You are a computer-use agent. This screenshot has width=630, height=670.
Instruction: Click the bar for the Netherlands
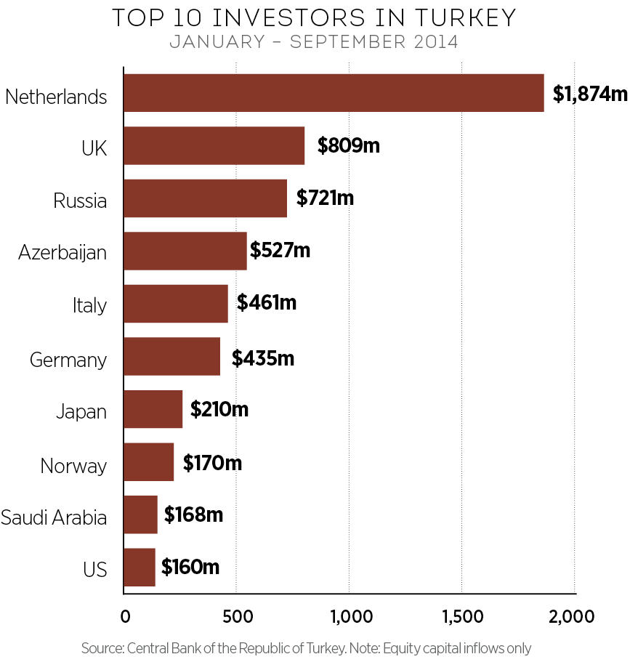[334, 93]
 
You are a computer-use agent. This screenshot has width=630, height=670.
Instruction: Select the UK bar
[214, 145]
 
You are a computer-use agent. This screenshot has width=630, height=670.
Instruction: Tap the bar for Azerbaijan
[185, 251]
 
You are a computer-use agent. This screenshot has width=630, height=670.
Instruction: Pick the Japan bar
[153, 409]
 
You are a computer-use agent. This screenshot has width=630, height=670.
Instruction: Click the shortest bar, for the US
[139, 567]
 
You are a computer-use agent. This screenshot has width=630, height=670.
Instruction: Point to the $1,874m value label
[589, 94]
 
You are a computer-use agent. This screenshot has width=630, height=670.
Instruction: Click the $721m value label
[325, 197]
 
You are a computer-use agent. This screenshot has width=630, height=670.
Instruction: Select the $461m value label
[267, 302]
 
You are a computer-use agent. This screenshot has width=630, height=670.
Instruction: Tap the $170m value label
[212, 463]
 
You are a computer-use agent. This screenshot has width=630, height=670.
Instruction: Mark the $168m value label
[193, 514]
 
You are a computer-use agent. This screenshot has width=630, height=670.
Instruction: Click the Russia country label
[80, 200]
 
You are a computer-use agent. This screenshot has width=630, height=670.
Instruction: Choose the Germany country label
[68, 360]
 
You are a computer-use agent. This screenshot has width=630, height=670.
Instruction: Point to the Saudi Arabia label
[54, 517]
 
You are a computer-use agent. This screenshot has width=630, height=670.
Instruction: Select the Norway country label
[73, 465]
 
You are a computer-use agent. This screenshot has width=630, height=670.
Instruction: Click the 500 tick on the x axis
[237, 617]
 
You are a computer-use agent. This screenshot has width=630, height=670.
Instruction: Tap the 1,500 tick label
[462, 617]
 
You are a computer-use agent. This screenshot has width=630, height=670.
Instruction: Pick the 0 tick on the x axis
[125, 617]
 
